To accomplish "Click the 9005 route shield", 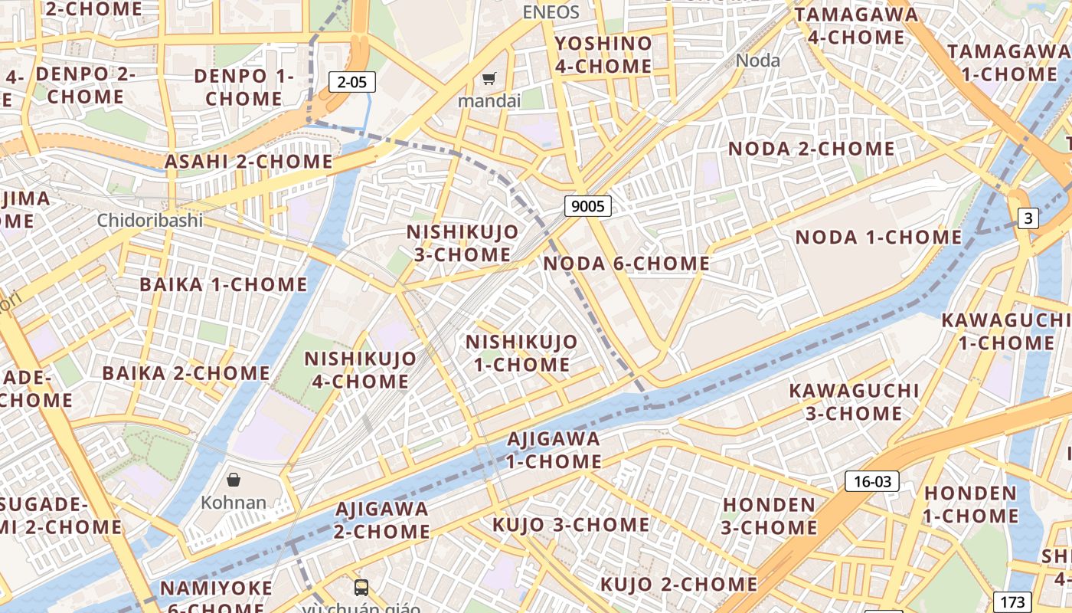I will click(x=588, y=205).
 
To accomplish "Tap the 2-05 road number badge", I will click(x=352, y=82).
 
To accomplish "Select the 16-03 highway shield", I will click(x=871, y=481).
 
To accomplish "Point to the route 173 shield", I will click(x=1012, y=602).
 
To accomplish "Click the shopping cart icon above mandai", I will click(x=489, y=78).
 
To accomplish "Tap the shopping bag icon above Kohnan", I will click(x=234, y=480).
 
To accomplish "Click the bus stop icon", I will click(x=361, y=588).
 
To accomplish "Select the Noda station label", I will click(x=757, y=61).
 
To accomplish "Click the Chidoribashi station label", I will click(x=149, y=221).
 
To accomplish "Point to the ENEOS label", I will click(x=551, y=12).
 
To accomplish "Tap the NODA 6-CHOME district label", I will click(x=626, y=264).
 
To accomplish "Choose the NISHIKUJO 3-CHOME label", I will click(x=462, y=243).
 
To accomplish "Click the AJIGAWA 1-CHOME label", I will click(x=554, y=450).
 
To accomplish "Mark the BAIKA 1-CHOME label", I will click(x=224, y=285).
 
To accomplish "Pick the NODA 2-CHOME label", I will click(x=811, y=149).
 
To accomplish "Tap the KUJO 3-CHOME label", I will click(x=570, y=525).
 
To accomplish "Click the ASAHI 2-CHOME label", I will click(x=249, y=162).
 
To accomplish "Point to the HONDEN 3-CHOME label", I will click(x=770, y=516).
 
